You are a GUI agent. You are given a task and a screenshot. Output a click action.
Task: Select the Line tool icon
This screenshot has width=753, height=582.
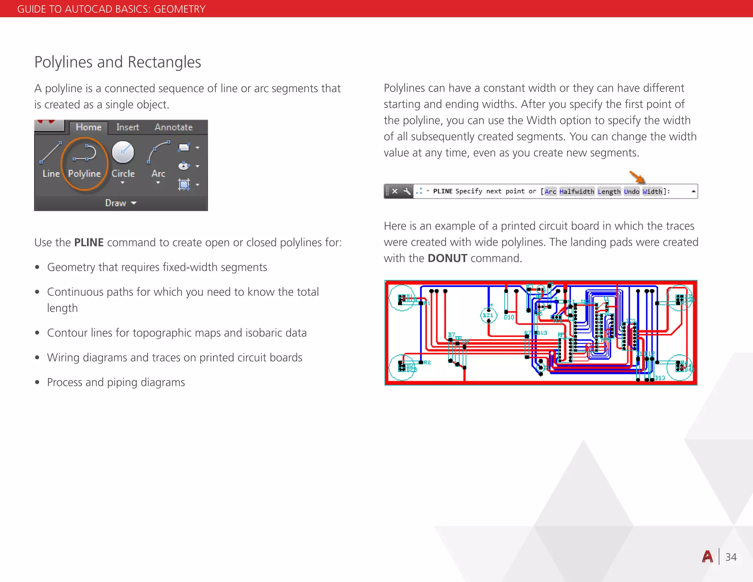point(51,152)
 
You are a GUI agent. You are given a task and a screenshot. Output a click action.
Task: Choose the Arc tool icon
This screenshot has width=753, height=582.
point(158,152)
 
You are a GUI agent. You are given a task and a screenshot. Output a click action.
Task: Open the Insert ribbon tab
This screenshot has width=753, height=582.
point(128,127)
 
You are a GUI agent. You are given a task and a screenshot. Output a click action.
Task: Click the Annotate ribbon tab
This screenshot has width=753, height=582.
point(174,127)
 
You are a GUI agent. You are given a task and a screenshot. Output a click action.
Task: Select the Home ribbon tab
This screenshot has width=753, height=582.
point(89,127)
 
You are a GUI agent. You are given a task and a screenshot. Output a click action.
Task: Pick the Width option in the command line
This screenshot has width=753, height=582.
point(652,192)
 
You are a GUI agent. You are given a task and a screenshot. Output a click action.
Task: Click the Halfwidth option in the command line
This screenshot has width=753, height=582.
point(577,192)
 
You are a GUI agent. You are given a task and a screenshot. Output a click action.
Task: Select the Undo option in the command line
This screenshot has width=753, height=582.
point(631,192)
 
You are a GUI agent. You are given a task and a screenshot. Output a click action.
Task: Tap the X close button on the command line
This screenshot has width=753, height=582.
point(395,191)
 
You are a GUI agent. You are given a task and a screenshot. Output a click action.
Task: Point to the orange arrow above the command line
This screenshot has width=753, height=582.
point(638,177)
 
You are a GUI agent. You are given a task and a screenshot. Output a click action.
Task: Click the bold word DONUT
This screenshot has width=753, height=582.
point(447,258)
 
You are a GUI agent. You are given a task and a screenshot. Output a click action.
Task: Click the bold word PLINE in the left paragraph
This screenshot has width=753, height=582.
point(89,242)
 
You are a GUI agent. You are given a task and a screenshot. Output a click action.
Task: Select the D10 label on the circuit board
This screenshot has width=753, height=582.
point(509,317)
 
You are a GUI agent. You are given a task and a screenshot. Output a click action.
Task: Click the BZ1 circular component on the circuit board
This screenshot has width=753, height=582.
point(488,315)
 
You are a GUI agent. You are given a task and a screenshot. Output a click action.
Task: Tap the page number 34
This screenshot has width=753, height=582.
point(731,557)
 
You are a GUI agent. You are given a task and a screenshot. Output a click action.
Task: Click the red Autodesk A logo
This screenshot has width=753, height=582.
point(707,557)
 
